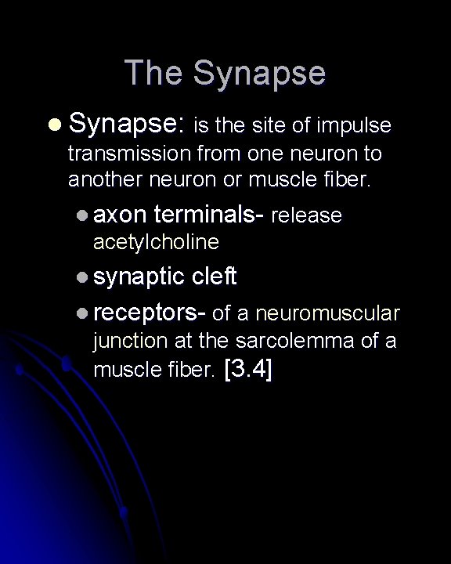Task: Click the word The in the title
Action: [x=153, y=74]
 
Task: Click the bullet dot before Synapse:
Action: [x=52, y=125]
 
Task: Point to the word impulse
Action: [x=356, y=126]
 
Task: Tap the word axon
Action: [x=121, y=215]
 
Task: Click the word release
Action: [x=306, y=215]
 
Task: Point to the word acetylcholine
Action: [x=156, y=243]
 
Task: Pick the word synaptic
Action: [x=139, y=277]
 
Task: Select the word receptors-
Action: [x=149, y=314]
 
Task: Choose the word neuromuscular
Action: [x=337, y=314]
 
